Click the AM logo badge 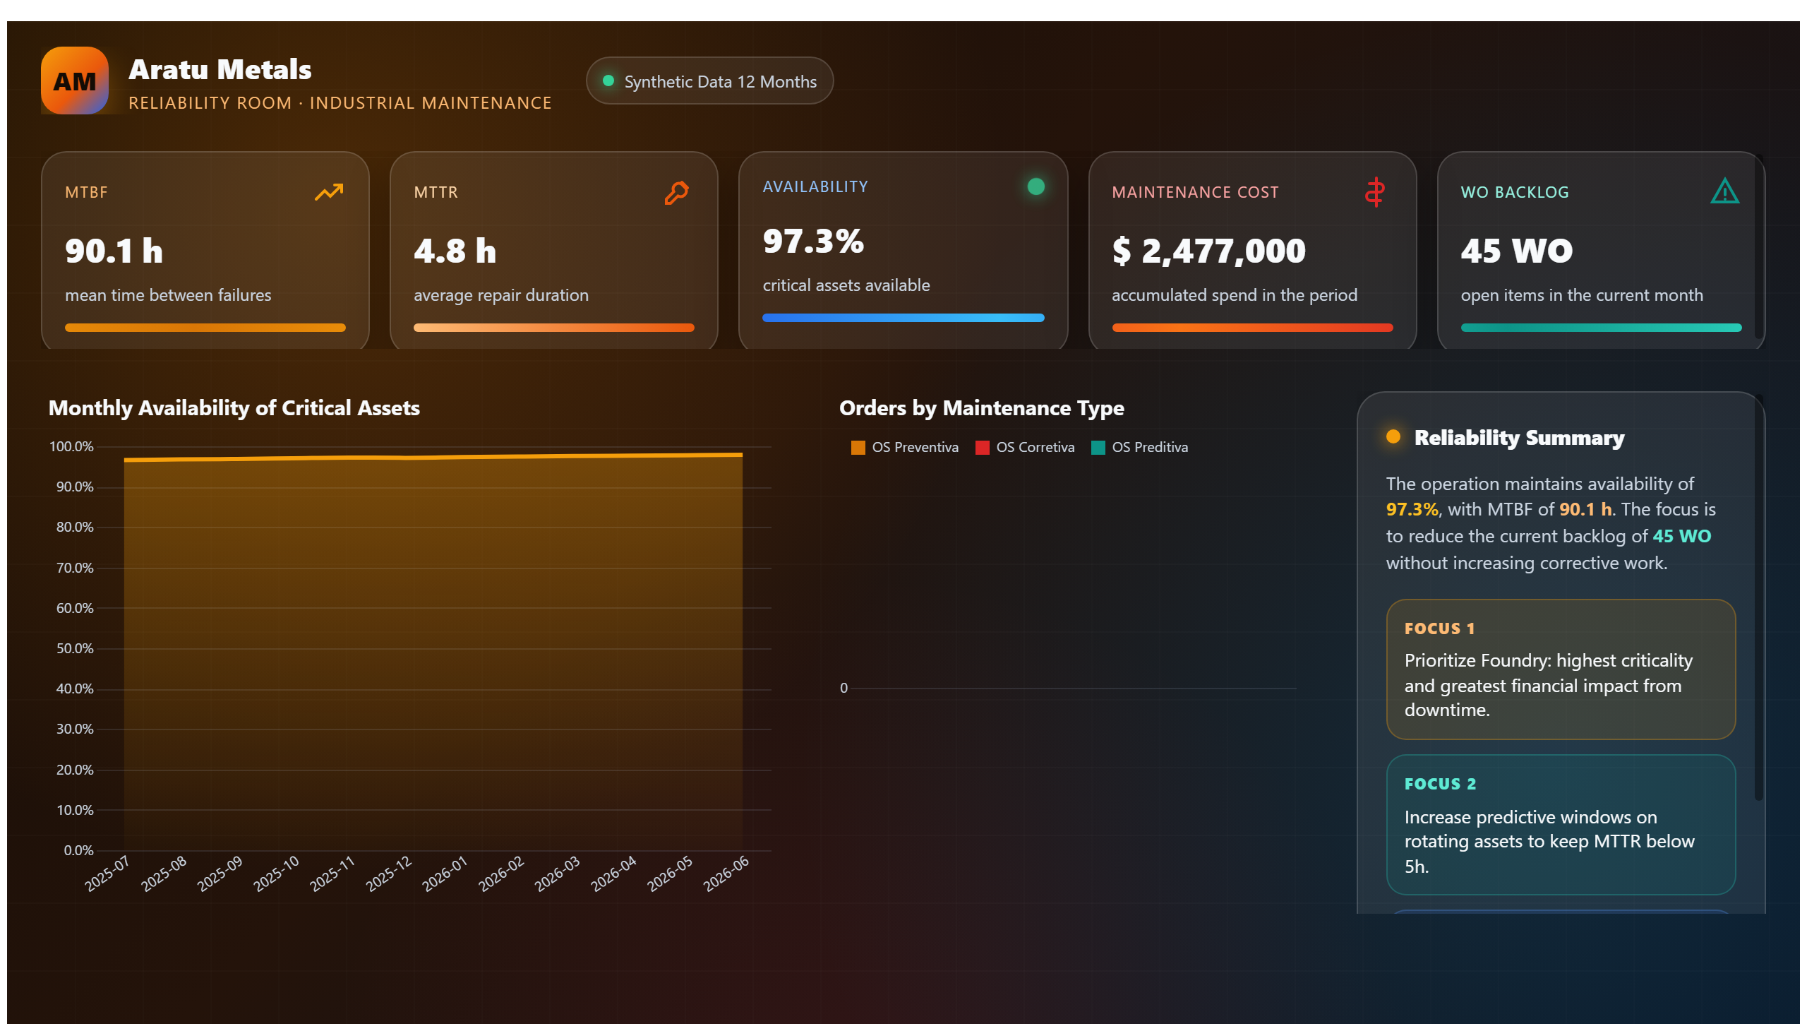74,81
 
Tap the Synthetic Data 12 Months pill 709,81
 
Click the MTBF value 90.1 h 114,251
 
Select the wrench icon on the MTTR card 676,193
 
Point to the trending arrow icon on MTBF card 328,192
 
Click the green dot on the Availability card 1035,186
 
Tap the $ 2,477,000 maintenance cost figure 1208,251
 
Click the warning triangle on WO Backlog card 1724,191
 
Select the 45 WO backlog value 1516,251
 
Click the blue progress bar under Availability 902,318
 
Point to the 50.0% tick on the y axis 75,649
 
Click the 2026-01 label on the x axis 445,874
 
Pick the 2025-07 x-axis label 107,874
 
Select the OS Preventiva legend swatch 857,448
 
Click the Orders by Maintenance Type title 981,408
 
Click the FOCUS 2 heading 1439,784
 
